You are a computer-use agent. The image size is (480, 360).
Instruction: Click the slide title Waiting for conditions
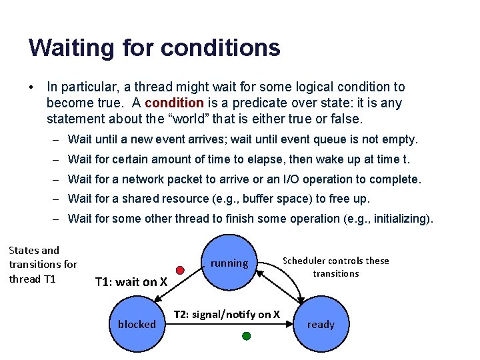[154, 48]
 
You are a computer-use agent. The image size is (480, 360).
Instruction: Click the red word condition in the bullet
[174, 103]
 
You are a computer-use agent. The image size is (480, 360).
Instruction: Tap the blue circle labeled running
[229, 263]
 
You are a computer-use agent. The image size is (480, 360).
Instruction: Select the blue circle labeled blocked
[137, 325]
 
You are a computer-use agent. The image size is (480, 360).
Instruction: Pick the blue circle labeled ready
[321, 325]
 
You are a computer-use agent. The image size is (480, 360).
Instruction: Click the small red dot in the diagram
[179, 270]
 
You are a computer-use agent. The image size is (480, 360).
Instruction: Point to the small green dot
[246, 337]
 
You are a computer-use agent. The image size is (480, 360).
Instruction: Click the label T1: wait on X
[131, 282]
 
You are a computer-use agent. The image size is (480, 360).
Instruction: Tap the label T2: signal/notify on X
[227, 314]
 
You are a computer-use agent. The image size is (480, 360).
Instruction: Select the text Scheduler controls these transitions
[335, 267]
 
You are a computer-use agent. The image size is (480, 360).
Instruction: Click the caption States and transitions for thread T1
[43, 265]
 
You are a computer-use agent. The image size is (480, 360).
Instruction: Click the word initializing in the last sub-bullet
[398, 219]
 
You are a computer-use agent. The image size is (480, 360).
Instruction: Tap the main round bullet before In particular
[31, 87]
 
